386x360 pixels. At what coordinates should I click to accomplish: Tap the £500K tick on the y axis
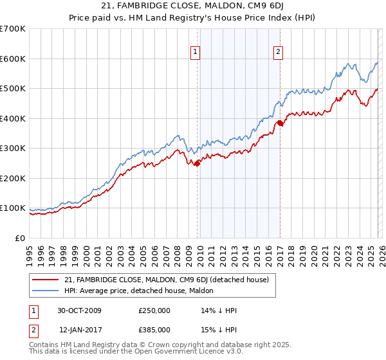(x=13, y=89)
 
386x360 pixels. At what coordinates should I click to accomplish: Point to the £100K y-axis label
(x=13, y=208)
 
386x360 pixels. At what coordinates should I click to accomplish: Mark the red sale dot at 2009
(x=197, y=163)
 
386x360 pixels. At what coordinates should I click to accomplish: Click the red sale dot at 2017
(x=280, y=123)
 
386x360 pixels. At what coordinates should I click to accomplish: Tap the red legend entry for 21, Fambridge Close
(x=170, y=280)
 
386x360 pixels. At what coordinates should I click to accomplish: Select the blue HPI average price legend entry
(x=151, y=291)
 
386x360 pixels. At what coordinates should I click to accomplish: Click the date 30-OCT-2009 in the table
(x=79, y=310)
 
